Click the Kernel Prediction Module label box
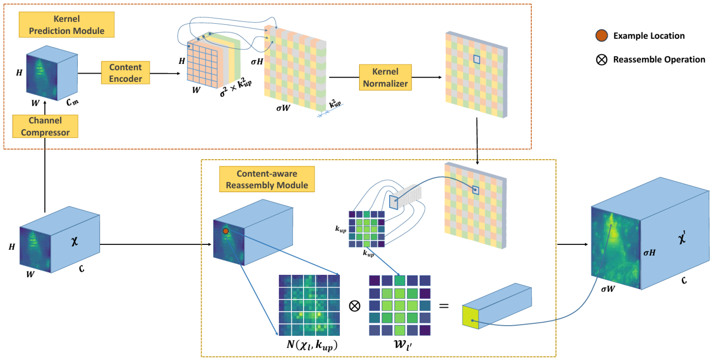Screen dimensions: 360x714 click(66, 25)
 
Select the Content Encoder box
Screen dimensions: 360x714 click(125, 73)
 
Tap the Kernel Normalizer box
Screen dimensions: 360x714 click(385, 77)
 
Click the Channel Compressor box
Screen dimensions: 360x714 click(45, 126)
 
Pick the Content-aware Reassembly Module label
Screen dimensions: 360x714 click(267, 179)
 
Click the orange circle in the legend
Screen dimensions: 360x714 click(601, 35)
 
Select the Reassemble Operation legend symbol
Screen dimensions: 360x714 click(601, 59)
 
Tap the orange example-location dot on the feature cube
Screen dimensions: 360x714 click(226, 231)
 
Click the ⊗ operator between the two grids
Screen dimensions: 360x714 click(354, 306)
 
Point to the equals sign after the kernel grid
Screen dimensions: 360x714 click(444, 306)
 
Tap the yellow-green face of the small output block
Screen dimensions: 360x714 click(470, 317)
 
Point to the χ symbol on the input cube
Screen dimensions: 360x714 click(74, 241)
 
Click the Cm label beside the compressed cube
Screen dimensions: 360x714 click(72, 103)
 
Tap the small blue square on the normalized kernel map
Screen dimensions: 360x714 click(476, 59)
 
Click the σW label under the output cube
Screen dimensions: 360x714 click(608, 289)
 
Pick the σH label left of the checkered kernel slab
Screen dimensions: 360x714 click(257, 62)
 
